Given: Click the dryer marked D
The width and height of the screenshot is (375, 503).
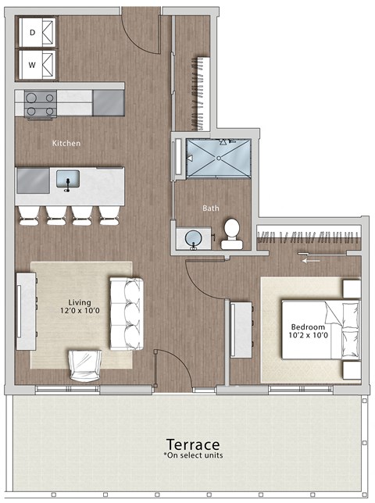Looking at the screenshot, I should click(x=39, y=33).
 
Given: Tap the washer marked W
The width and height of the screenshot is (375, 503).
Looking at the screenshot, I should click(x=39, y=64).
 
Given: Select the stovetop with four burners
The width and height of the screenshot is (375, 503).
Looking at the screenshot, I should click(x=40, y=105).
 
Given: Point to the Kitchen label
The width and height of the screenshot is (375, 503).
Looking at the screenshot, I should click(x=66, y=144).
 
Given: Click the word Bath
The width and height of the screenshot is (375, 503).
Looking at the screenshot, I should click(x=211, y=209).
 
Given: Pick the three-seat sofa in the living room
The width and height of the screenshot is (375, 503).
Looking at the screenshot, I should click(x=126, y=313).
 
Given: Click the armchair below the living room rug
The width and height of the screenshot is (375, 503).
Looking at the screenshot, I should click(x=86, y=366).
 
